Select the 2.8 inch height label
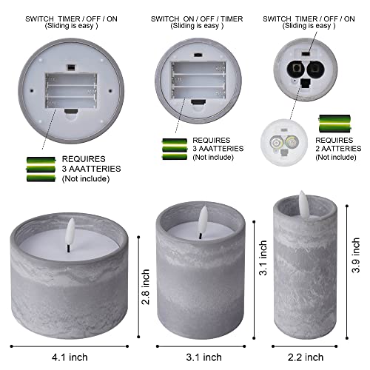[x=149, y=287]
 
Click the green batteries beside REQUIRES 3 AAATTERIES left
[x=41, y=168]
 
